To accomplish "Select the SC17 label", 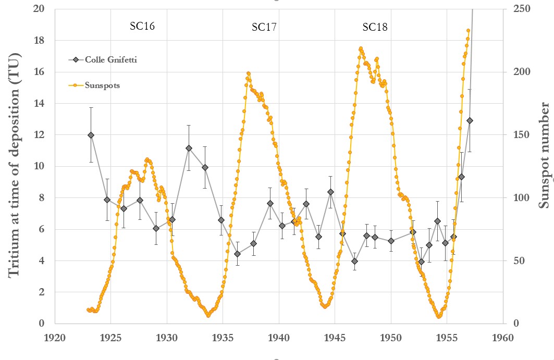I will tap(264, 27).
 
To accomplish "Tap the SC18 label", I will tap(375, 27).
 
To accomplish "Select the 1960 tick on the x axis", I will tap(502, 337).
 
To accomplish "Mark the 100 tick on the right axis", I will tap(516, 197).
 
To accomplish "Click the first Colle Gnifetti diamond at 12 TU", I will tap(91, 135).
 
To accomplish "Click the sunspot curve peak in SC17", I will tap(249, 73).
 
